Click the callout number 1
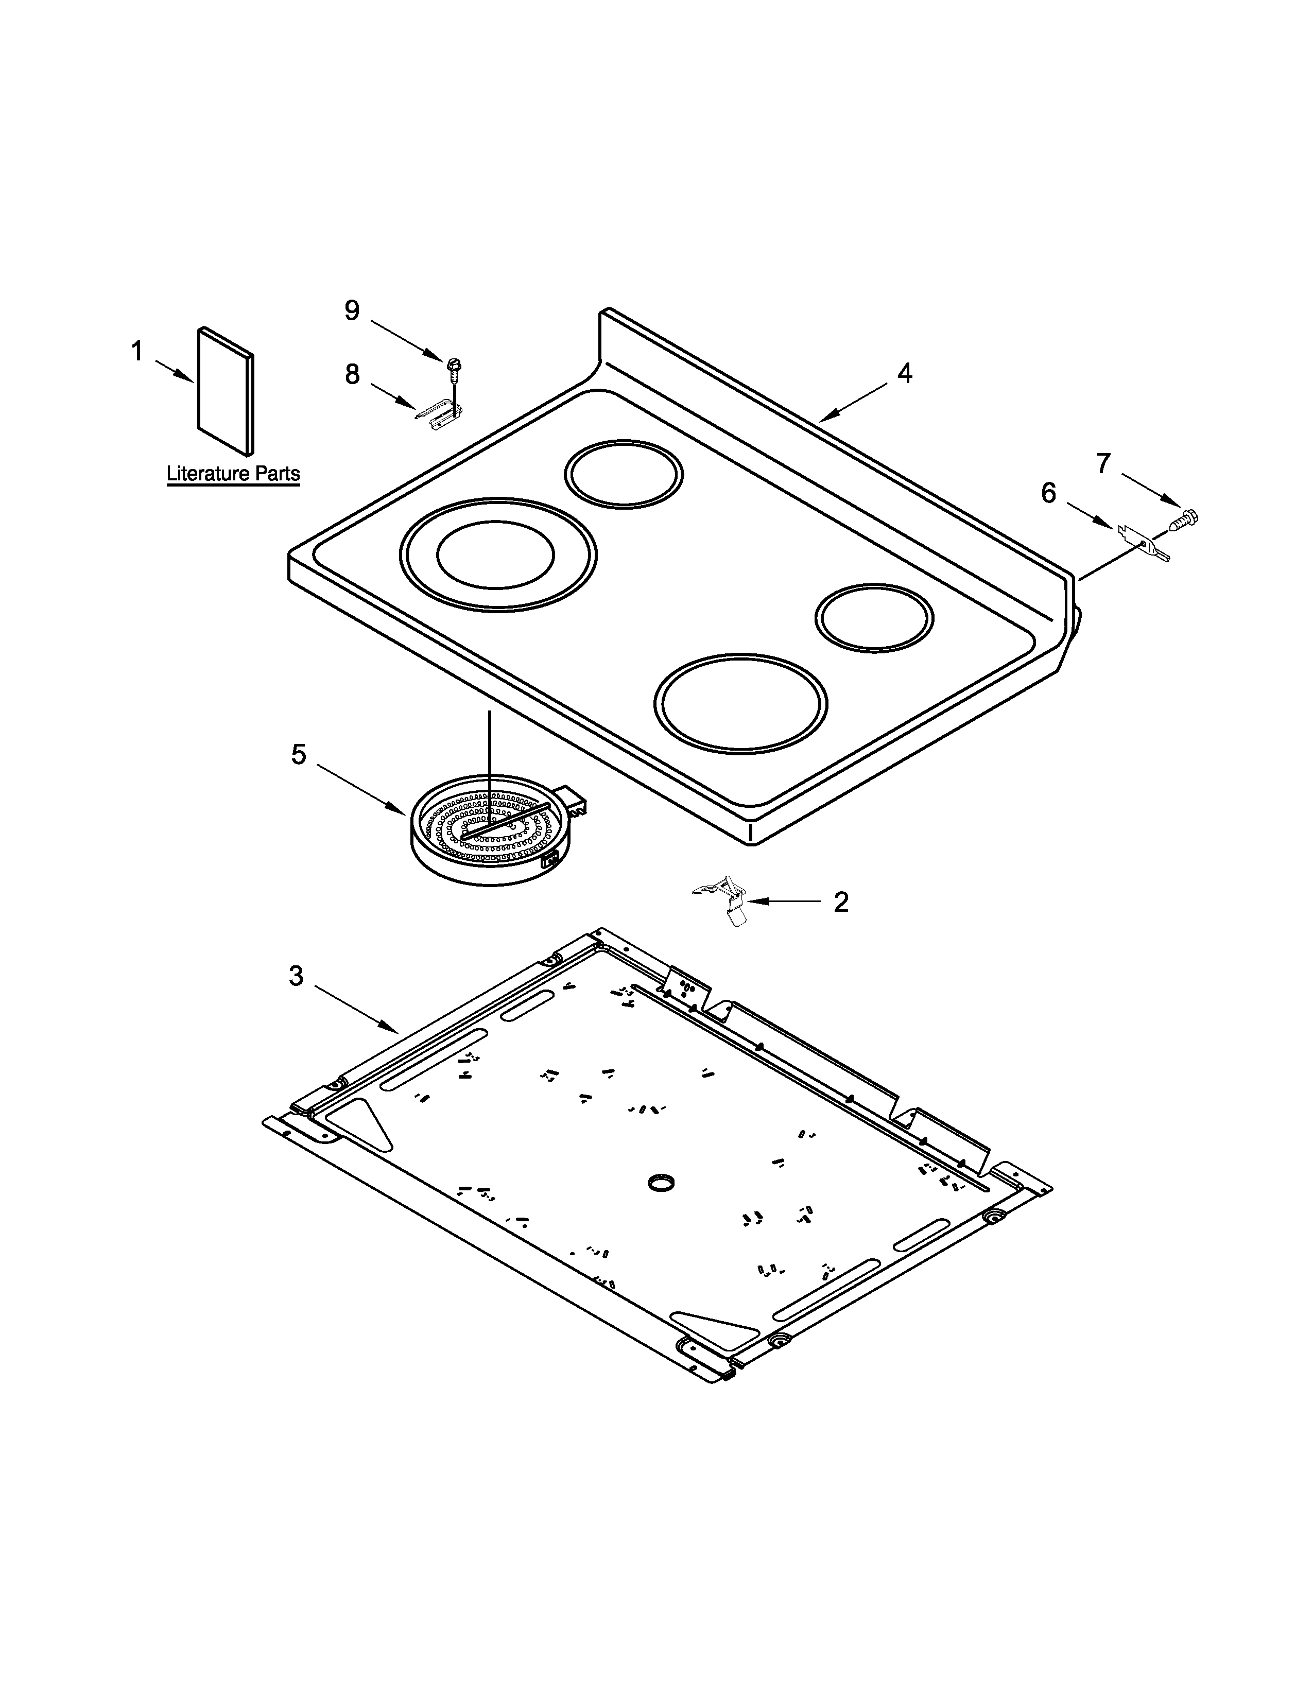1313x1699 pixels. (x=137, y=352)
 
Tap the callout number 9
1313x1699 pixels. (x=352, y=310)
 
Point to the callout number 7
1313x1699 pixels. (x=1103, y=464)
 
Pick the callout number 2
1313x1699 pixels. (x=841, y=901)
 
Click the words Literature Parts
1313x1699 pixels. (x=233, y=473)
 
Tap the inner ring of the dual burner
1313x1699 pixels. (x=495, y=553)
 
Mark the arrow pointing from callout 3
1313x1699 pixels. (x=358, y=1010)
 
